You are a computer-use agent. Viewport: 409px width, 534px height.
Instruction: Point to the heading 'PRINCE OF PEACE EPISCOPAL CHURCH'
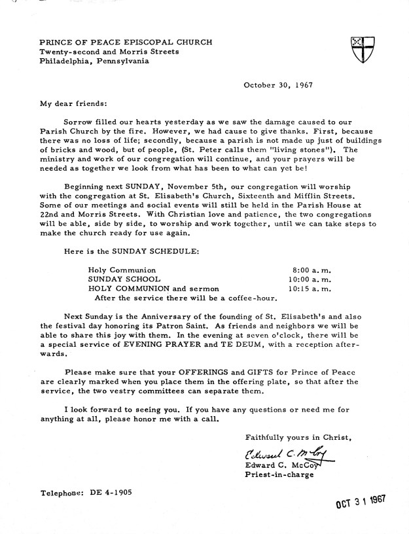tap(126, 42)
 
